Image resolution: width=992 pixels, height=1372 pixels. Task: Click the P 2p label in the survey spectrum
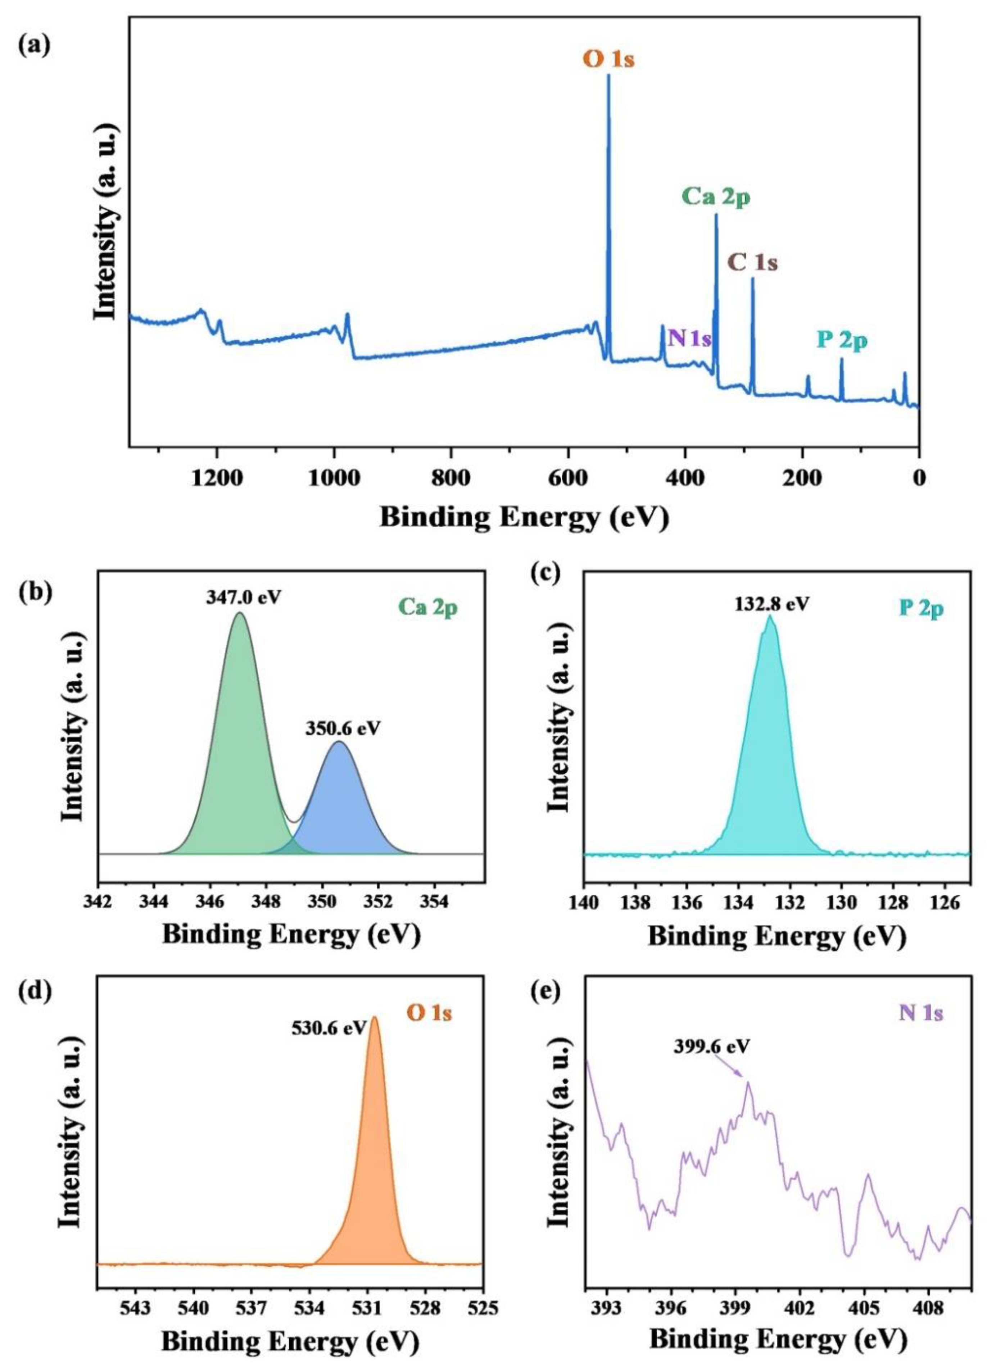click(x=842, y=341)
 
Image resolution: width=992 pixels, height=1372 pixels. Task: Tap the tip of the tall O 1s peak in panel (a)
click(x=608, y=76)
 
